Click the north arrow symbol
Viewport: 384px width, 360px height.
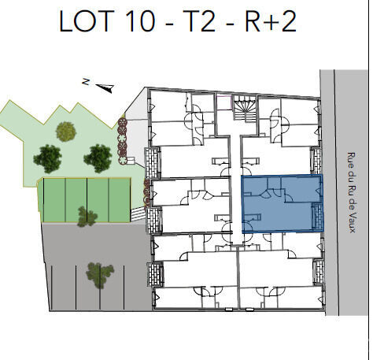click(x=106, y=87)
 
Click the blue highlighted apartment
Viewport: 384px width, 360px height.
click(x=279, y=203)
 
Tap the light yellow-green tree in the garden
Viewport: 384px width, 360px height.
click(x=65, y=131)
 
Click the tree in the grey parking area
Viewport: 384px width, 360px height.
click(x=99, y=274)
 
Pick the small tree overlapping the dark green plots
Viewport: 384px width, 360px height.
click(x=87, y=215)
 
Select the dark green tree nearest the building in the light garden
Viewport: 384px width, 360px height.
click(x=98, y=158)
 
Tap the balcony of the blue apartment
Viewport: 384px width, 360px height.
click(x=317, y=216)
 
